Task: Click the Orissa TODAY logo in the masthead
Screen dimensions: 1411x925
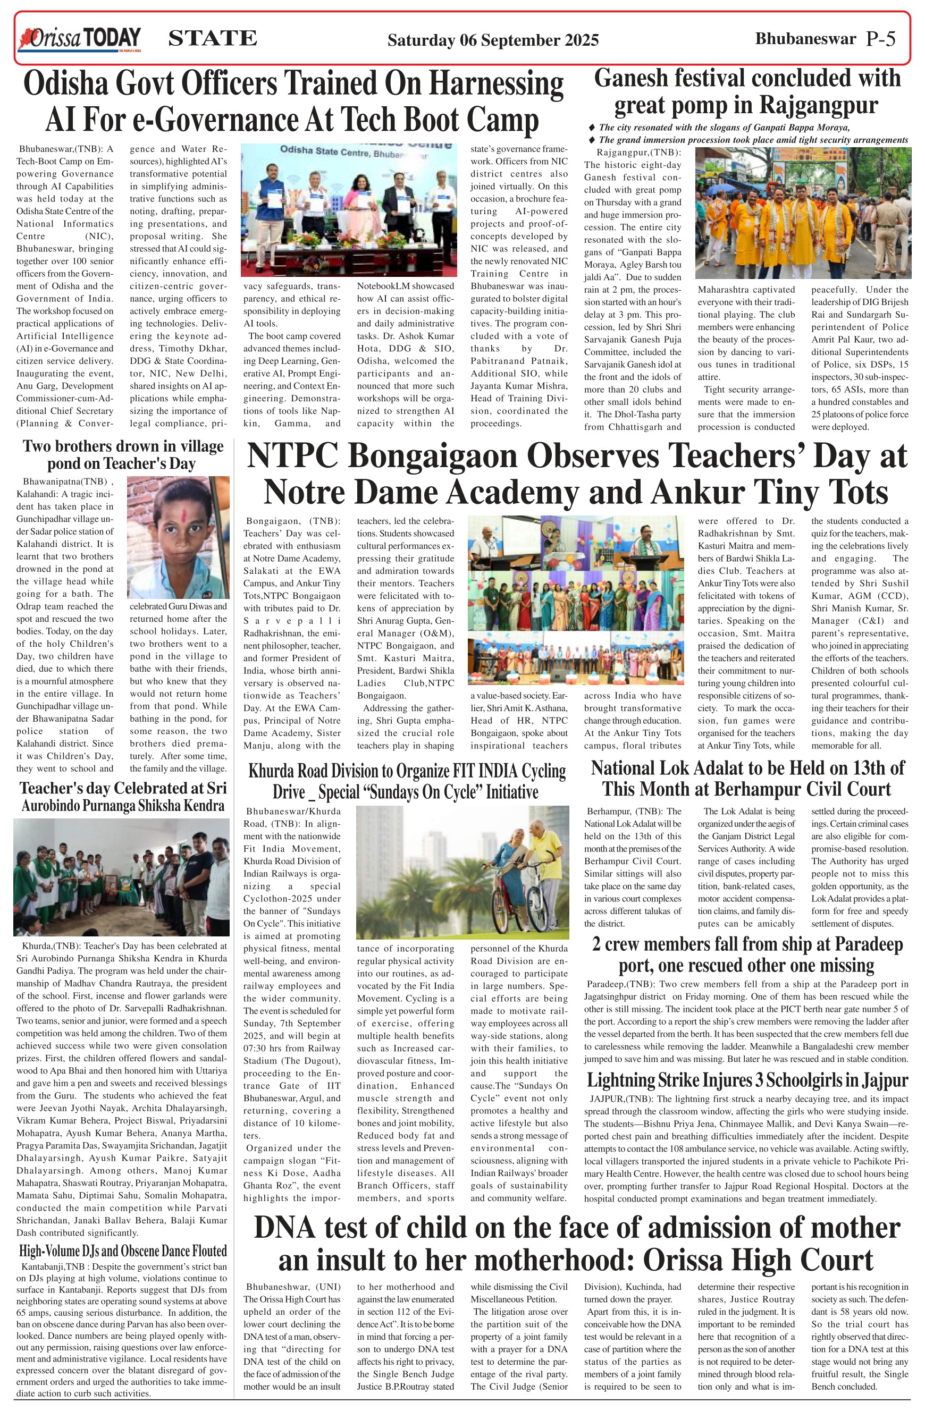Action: tap(80, 39)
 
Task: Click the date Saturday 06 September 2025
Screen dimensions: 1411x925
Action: tap(493, 40)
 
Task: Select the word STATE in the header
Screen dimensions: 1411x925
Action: tap(212, 39)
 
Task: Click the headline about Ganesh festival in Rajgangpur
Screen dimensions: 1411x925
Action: tap(746, 92)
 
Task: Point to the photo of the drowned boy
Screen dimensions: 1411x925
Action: tap(178, 537)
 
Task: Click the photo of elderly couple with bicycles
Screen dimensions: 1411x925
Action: tap(462, 872)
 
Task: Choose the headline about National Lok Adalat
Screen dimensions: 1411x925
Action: tap(747, 779)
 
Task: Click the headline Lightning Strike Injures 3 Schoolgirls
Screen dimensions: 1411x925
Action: tap(747, 1080)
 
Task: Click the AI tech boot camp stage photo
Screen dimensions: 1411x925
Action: tap(349, 210)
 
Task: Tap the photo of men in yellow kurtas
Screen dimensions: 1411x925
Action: tap(803, 214)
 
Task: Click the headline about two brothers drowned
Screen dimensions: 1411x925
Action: tap(123, 455)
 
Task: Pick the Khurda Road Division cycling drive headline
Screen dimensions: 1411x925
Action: tap(407, 781)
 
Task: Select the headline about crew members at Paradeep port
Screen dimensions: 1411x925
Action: tap(747, 954)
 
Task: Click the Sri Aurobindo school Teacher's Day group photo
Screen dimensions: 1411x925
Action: tap(122, 877)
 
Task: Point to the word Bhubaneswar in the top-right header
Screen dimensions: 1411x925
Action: tap(805, 39)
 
